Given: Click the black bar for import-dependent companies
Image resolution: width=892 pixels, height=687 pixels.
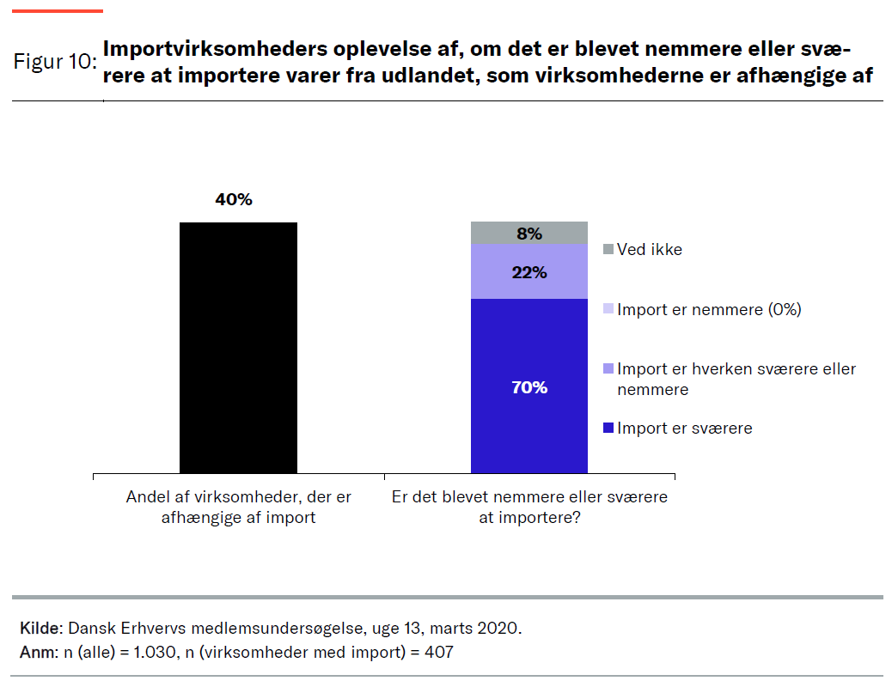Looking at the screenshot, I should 238,347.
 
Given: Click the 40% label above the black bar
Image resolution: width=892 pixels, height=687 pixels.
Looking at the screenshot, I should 234,199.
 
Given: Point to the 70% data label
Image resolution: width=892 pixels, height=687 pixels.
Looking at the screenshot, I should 529,387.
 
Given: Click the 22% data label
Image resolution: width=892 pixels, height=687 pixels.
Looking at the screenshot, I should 529,272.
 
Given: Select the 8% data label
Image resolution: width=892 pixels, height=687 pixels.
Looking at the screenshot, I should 529,234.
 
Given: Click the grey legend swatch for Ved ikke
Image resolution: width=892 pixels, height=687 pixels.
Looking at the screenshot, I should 608,250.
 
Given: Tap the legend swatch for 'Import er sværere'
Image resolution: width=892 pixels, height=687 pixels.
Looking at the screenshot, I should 608,429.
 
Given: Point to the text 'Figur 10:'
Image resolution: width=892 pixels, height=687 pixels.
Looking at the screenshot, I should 54,63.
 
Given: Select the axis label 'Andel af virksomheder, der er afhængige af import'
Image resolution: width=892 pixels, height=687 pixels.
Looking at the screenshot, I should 238,507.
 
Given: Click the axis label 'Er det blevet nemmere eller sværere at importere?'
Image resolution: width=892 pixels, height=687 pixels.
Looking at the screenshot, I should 529,507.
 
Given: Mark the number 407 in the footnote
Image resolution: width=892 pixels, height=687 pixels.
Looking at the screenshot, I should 437,653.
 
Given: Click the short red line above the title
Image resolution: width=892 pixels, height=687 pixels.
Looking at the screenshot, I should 59,11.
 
